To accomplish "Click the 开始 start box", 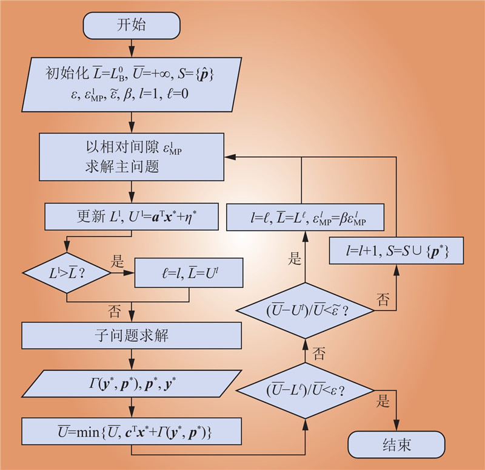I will tap(131, 26).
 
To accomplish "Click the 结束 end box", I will tap(396, 445).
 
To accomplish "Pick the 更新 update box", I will tap(132, 216).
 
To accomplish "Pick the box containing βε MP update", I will tap(305, 217).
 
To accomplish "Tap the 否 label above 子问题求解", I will tap(115, 312).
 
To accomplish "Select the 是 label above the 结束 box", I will tap(384, 402).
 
